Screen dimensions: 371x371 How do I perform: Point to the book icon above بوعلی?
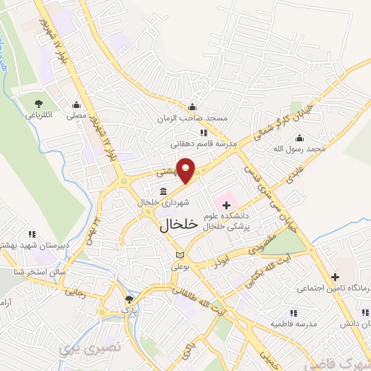[x=180, y=256]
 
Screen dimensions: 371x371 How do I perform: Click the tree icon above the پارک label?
[x=129, y=299]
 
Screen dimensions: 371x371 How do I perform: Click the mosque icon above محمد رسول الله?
[x=299, y=138]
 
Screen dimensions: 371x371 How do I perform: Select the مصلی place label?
[x=77, y=114]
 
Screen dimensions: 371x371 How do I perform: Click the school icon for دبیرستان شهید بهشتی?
[x=31, y=234]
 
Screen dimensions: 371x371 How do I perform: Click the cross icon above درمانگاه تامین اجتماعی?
[x=334, y=276]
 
